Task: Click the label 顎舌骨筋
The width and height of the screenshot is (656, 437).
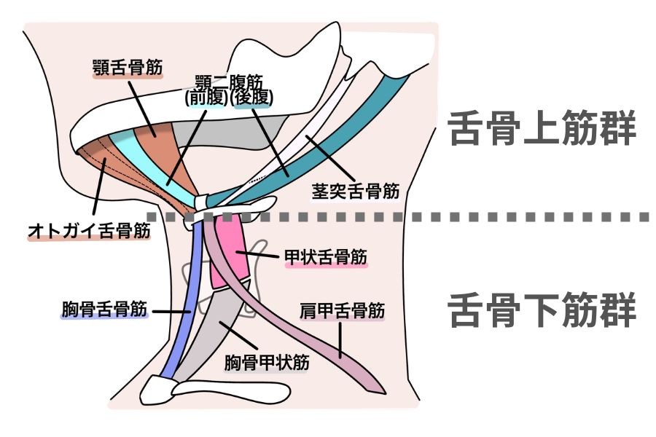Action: click(x=128, y=68)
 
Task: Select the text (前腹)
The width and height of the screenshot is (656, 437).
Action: click(x=206, y=97)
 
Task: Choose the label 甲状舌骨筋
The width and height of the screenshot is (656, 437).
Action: click(x=326, y=257)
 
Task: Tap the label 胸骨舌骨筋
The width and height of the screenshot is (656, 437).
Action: click(x=104, y=310)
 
